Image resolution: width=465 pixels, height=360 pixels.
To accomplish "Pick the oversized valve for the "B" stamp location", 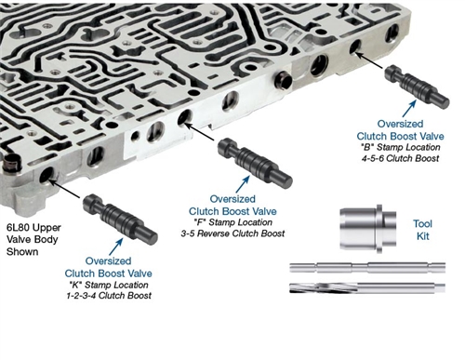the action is click(417, 87).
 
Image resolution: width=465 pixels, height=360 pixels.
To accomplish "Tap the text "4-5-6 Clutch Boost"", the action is click(400, 158).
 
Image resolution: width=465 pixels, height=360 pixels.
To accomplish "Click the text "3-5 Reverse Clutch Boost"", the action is click(232, 233).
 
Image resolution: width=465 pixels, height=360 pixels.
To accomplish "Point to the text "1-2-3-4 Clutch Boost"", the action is click(109, 295).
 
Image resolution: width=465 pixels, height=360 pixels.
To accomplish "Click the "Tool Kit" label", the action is click(422, 230).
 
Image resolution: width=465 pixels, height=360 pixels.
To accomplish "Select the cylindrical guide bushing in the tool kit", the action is click(368, 229).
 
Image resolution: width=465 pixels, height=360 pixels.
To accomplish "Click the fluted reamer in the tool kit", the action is click(367, 287).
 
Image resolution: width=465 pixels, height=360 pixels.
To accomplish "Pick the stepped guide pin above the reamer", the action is click(367, 267).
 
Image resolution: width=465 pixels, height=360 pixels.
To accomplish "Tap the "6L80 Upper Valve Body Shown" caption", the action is click(33, 239).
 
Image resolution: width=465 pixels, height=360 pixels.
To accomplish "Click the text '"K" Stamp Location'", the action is click(109, 285).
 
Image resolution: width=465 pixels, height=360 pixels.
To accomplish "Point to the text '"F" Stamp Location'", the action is click(233, 222).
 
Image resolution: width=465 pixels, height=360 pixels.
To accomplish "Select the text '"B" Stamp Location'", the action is click(400, 147).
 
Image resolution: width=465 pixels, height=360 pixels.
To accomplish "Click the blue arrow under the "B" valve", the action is click(409, 109).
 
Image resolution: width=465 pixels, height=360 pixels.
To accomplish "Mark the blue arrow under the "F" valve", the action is click(243, 184).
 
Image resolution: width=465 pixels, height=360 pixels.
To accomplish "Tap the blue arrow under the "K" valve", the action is click(116, 247).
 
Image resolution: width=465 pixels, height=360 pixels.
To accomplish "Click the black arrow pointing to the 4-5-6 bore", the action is click(368, 60).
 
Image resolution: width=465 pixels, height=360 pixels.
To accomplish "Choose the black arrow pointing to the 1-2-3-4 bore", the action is click(64, 189).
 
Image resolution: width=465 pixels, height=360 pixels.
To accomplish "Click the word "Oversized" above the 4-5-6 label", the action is click(400, 124).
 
